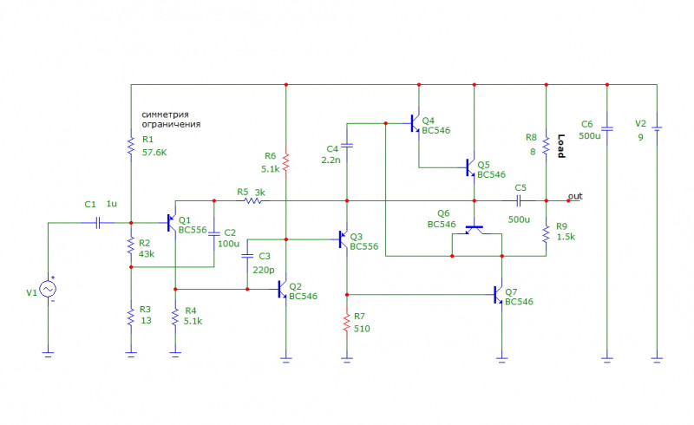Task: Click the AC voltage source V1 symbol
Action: tap(48, 289)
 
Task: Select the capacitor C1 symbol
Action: tap(98, 223)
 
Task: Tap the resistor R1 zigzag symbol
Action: tap(131, 146)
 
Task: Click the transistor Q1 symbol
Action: tap(172, 223)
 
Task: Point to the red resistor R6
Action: tap(286, 162)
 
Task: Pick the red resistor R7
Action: tap(346, 323)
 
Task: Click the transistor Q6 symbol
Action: tap(474, 230)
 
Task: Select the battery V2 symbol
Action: tap(657, 129)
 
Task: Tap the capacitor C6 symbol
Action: tap(607, 129)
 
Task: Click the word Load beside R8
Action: tap(560, 146)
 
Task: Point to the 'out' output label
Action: tap(575, 196)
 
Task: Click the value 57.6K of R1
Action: tap(154, 153)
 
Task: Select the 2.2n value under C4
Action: tap(331, 160)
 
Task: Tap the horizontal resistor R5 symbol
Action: tap(252, 200)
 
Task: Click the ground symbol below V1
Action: tap(48, 354)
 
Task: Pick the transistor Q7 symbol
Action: tap(498, 294)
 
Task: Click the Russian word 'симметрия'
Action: tap(165, 114)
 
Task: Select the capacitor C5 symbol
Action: tap(519, 200)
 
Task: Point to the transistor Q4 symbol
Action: tap(416, 123)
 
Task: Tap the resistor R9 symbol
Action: tap(546, 234)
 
